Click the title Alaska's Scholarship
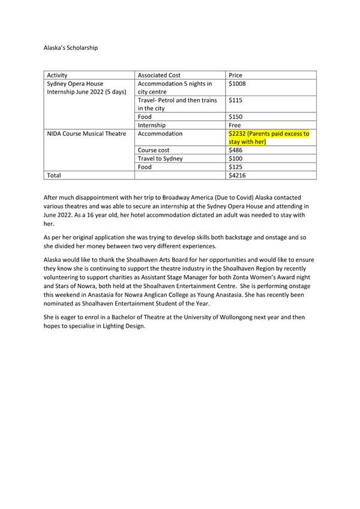point(71,47)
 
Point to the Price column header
point(236,76)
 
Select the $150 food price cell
point(237,117)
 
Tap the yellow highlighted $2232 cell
point(269,137)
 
